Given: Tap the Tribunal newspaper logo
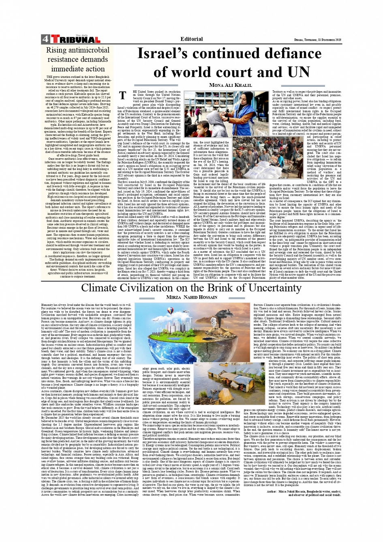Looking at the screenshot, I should (x=75, y=40).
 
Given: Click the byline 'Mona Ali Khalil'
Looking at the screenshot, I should (x=230, y=85).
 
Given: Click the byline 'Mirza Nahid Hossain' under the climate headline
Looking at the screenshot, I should (x=192, y=297).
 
